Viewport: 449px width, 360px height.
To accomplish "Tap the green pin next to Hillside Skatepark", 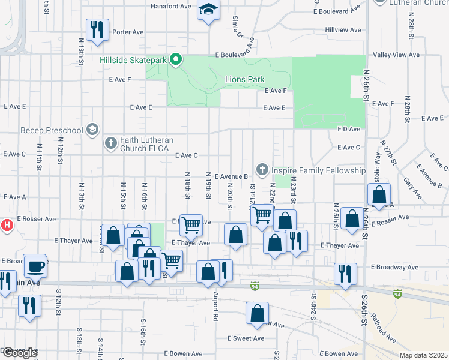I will (x=176, y=60).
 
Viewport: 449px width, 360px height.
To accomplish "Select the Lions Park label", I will (x=244, y=79).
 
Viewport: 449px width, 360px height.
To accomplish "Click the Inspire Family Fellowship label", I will (x=318, y=171).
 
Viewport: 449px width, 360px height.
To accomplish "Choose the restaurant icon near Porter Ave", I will (x=97, y=29).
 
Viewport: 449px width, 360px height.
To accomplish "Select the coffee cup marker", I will (x=35, y=266).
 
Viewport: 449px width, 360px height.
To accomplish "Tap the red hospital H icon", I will (x=7, y=226).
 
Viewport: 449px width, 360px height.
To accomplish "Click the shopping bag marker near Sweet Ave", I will (x=257, y=314).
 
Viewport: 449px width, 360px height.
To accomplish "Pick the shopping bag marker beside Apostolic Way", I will (x=379, y=195).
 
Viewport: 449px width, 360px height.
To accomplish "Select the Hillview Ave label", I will (x=343, y=29).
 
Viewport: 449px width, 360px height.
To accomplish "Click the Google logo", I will (x=20, y=353).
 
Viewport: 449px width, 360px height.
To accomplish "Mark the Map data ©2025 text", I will (x=423, y=355).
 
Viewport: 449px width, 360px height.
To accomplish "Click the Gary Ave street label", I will (x=412, y=188).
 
